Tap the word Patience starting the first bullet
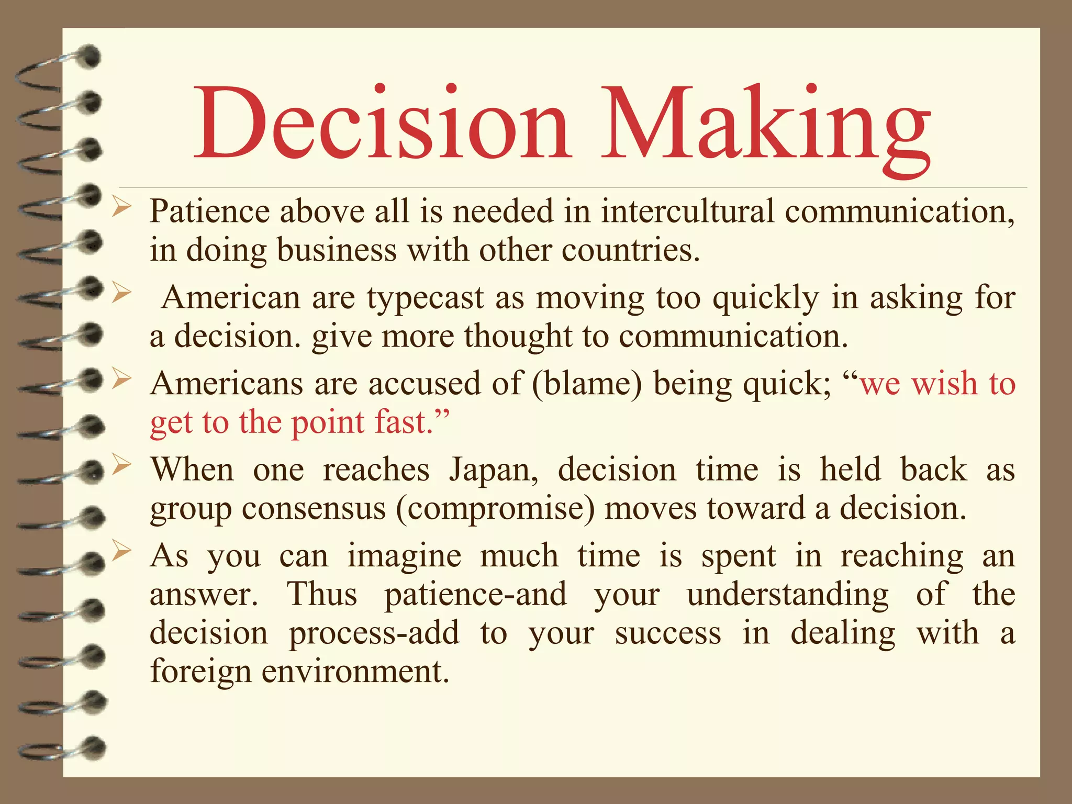[x=209, y=211]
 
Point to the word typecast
[x=425, y=298]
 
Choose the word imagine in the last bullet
[x=405, y=556]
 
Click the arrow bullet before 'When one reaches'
[x=121, y=464]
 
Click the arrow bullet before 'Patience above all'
[x=121, y=208]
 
